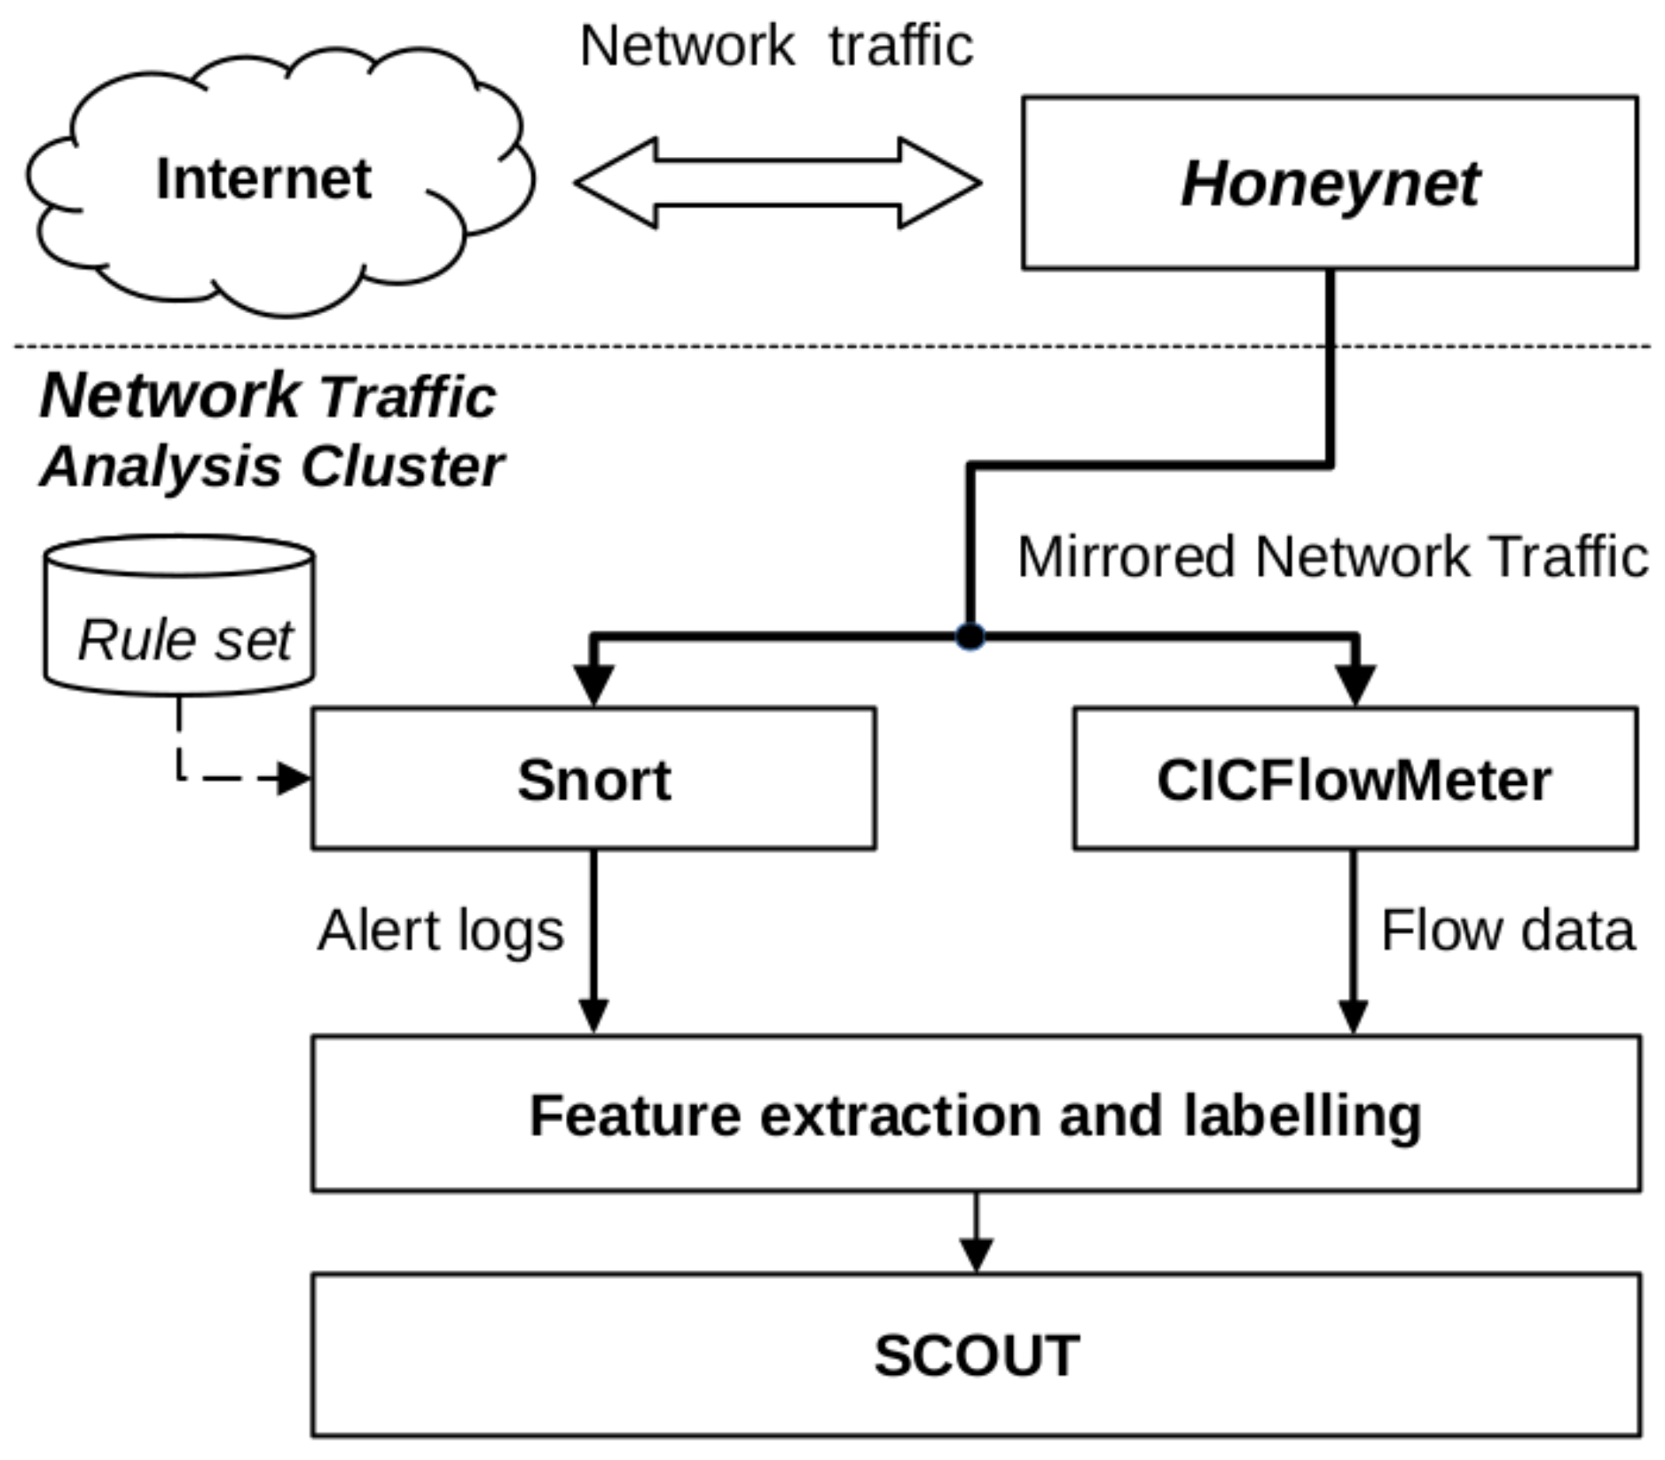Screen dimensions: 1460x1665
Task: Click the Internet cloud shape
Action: tap(266, 182)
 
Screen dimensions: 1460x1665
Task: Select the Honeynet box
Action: tap(1329, 183)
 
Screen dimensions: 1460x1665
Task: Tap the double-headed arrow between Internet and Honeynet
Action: tap(778, 183)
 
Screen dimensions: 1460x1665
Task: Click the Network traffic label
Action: tap(776, 45)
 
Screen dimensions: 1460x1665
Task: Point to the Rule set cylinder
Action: tap(179, 621)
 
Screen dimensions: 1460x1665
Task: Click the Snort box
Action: tap(593, 779)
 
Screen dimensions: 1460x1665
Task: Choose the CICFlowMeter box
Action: tap(1355, 779)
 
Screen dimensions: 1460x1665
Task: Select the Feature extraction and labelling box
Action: tap(976, 1113)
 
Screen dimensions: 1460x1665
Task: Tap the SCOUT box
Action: tap(976, 1354)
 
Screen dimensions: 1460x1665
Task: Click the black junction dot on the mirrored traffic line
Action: tap(970, 636)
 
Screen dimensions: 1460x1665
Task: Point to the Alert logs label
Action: tap(441, 930)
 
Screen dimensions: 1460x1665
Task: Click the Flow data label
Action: tap(1507, 930)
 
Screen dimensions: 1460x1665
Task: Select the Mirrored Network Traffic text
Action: tap(1331, 557)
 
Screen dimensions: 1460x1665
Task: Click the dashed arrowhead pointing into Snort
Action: tap(293, 778)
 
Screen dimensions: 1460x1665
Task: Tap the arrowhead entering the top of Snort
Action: tap(593, 683)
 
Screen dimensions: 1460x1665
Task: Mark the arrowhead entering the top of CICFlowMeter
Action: tap(1355, 683)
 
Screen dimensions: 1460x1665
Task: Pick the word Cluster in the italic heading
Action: tap(403, 467)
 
